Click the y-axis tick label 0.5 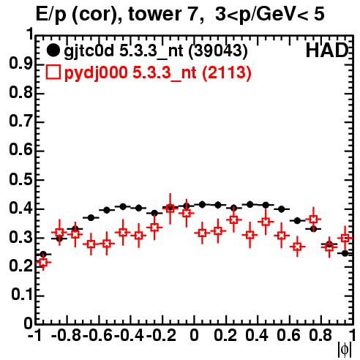20,180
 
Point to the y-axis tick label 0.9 20,64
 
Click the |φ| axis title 345,350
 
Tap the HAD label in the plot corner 327,50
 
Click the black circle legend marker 53,50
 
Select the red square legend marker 53,72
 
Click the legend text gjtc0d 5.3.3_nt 124,51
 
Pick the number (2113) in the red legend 226,72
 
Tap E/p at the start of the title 51,15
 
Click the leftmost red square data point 43,263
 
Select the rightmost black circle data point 345,253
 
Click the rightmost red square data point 345,238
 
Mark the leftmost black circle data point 43,255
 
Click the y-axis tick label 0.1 21,295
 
